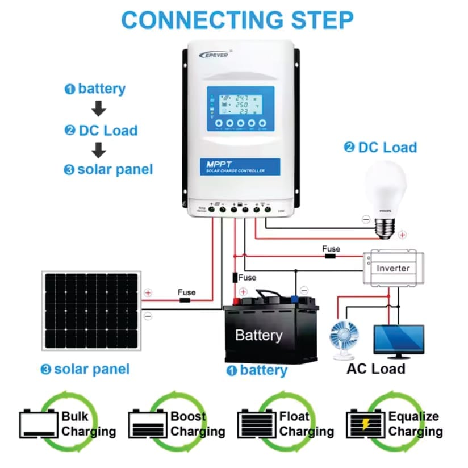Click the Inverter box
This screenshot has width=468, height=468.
tap(393, 268)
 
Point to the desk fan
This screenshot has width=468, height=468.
tap(345, 339)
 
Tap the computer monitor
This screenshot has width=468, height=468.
tap(398, 339)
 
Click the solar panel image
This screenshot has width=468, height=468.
tap(91, 311)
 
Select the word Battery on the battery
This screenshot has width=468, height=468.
tap(258, 335)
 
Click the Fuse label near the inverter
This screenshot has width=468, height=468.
tap(331, 249)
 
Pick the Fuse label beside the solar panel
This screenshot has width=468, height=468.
tap(186, 292)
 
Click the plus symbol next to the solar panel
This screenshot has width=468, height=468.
tap(148, 293)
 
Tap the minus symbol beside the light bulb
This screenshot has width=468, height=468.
tap(366, 219)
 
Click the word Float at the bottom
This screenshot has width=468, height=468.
tap(295, 416)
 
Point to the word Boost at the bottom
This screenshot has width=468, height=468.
tap(189, 416)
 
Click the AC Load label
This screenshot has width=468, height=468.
tap(376, 369)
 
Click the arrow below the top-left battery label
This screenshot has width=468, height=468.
tap(99, 108)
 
